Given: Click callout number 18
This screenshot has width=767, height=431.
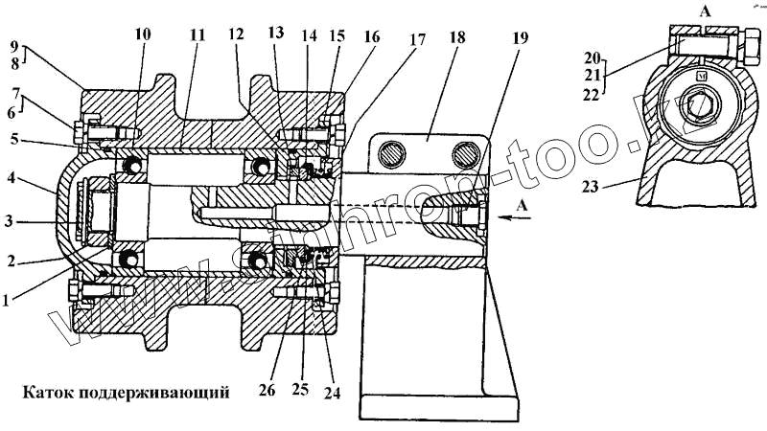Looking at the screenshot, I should [x=457, y=39].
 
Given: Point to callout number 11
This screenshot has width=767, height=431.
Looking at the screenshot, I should [x=198, y=34].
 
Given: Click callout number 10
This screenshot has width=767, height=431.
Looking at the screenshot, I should [x=143, y=34].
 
